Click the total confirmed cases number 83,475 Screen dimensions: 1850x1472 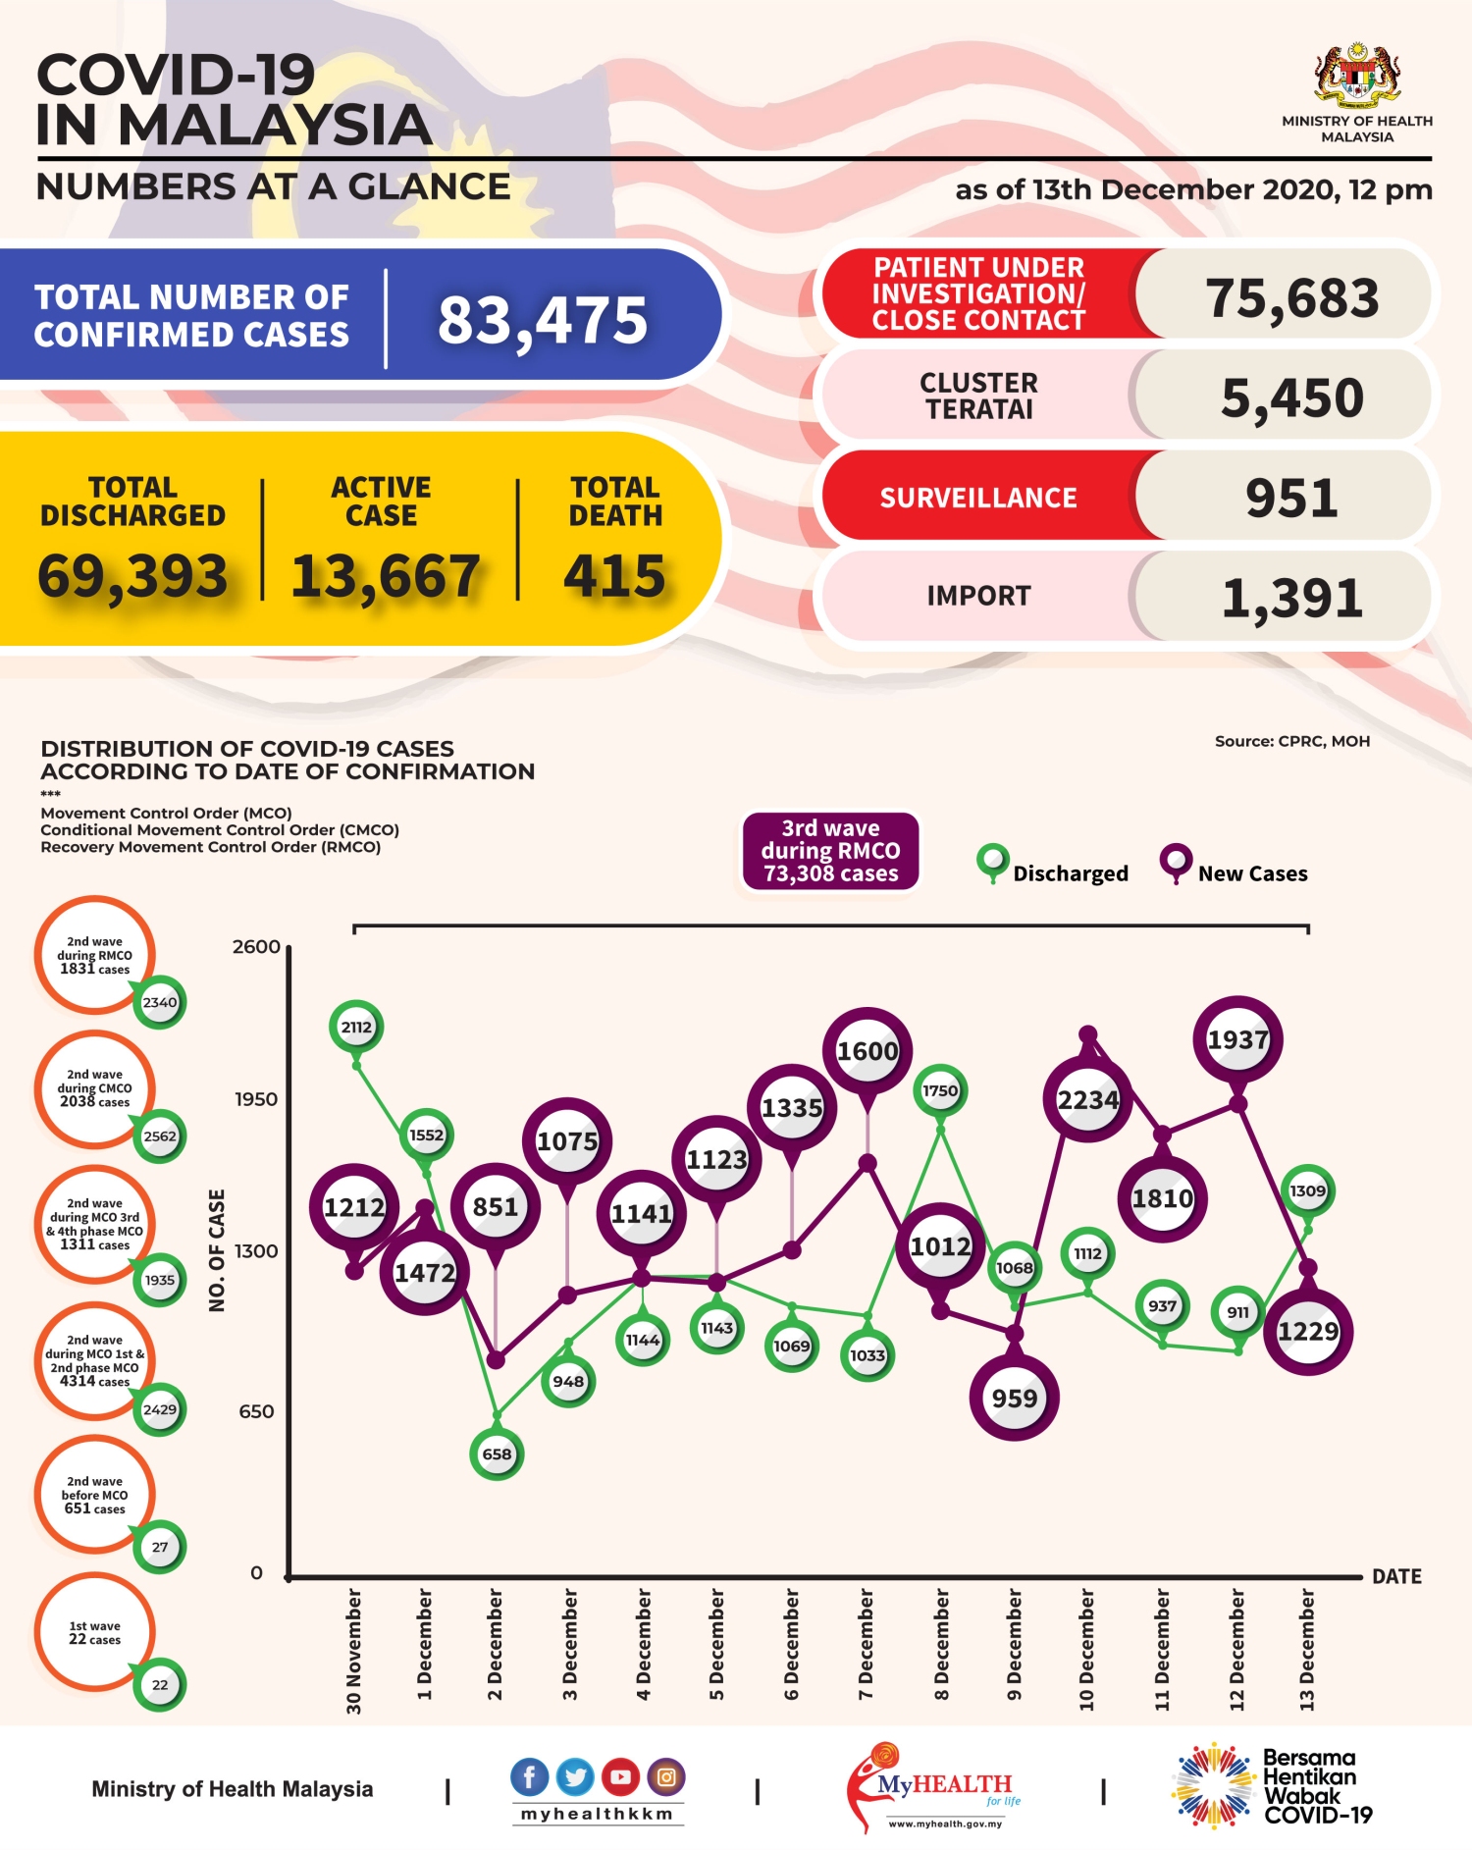coord(543,321)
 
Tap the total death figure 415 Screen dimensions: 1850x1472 coord(614,576)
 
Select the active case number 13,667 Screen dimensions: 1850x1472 coord(386,576)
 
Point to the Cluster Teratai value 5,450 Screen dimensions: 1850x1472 coord(1291,398)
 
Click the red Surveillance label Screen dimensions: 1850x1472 coord(978,498)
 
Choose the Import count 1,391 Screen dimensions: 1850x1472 coord(1291,598)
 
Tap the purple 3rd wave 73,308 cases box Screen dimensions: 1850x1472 coord(830,851)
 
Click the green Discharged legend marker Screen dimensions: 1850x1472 coord(992,862)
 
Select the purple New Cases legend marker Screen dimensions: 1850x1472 coord(1175,862)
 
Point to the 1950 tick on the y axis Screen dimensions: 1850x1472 coord(256,1099)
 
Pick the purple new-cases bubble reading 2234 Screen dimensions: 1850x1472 coord(1087,1100)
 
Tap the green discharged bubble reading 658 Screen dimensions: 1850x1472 coord(497,1454)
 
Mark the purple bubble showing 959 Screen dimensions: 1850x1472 coord(1014,1398)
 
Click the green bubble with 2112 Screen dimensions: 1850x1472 coord(356,1027)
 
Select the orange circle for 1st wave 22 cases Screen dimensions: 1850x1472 coord(95,1632)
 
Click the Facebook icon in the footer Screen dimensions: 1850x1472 coord(529,1777)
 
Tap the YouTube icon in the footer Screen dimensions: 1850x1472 coord(620,1777)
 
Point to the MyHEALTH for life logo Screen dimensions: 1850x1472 coord(937,1787)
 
